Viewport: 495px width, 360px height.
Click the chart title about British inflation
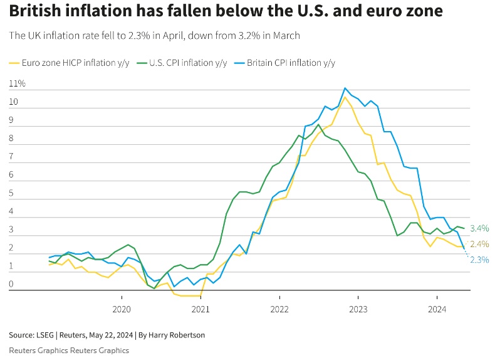click(226, 11)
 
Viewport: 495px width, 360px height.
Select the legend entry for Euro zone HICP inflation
click(74, 63)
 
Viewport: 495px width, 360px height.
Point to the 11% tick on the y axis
click(18, 83)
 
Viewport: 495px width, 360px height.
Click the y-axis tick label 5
click(12, 193)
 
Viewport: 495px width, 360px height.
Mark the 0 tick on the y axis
click(12, 285)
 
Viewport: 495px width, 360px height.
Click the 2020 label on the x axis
click(121, 309)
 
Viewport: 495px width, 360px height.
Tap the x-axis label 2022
click(279, 309)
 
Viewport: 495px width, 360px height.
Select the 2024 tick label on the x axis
click(437, 309)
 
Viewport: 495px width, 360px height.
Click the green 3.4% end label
click(479, 228)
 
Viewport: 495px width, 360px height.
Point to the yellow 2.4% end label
click(479, 244)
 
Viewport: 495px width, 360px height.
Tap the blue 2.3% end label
click(479, 260)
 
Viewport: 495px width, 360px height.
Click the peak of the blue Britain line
click(345, 88)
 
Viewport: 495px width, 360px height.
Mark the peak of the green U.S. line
click(318, 124)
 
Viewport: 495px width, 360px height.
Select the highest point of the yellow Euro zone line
click(345, 97)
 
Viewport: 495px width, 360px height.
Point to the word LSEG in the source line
click(45, 335)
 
